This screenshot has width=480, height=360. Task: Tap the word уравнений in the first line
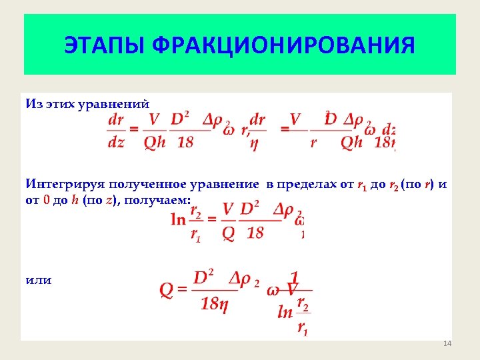click(x=119, y=104)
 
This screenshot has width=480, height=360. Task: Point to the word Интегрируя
click(x=60, y=184)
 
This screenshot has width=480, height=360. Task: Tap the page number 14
click(x=447, y=343)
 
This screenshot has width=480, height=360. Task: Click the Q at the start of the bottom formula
click(x=167, y=290)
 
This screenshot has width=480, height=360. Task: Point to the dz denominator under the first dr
click(x=115, y=143)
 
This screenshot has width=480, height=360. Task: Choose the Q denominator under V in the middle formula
click(x=228, y=233)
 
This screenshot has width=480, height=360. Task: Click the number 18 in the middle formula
click(x=255, y=233)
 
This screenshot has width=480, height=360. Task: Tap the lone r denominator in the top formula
click(x=313, y=143)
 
